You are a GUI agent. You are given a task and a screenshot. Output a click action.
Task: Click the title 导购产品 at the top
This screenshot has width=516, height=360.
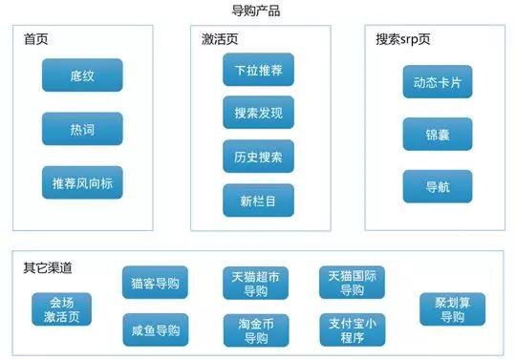pos(256,11)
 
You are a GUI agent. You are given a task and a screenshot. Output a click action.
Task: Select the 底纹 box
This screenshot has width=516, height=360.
pos(82,74)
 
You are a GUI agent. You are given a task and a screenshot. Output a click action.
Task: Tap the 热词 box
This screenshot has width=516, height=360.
pos(82,128)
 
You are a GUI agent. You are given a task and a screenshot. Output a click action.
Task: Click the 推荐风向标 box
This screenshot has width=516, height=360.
pos(82,182)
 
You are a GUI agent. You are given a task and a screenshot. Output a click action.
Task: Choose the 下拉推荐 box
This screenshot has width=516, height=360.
pos(258,70)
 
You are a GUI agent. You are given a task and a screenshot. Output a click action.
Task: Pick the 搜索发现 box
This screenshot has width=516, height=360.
pos(258,113)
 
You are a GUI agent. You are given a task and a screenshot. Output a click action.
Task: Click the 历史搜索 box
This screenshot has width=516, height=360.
pos(258,156)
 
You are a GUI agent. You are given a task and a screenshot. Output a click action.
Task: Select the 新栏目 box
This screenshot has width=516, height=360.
pos(258,200)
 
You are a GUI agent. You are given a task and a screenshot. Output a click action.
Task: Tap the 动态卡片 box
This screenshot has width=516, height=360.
pos(437,81)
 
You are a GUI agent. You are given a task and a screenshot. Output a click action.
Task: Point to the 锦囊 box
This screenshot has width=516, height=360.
pos(437,134)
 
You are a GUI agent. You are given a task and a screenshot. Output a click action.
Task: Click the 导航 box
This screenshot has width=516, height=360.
pos(437,186)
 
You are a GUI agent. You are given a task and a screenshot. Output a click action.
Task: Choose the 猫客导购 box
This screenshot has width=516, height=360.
pos(155,283)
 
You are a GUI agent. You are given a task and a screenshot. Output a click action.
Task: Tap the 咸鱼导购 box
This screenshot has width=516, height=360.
pos(155,329)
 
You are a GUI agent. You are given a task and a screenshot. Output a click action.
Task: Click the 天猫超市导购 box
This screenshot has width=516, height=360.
pos(255,284)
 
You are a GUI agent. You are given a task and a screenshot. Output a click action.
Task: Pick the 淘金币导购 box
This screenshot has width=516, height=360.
pos(255,330)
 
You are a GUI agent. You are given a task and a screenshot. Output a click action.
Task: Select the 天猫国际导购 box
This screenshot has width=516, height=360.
pos(352,284)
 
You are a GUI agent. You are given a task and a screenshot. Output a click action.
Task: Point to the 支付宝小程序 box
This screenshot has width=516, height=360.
pos(352,330)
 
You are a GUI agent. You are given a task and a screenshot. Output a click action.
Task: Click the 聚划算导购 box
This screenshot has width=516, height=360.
pos(452,308)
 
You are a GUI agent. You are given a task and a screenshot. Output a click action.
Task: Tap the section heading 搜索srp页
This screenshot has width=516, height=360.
pos(403,40)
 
